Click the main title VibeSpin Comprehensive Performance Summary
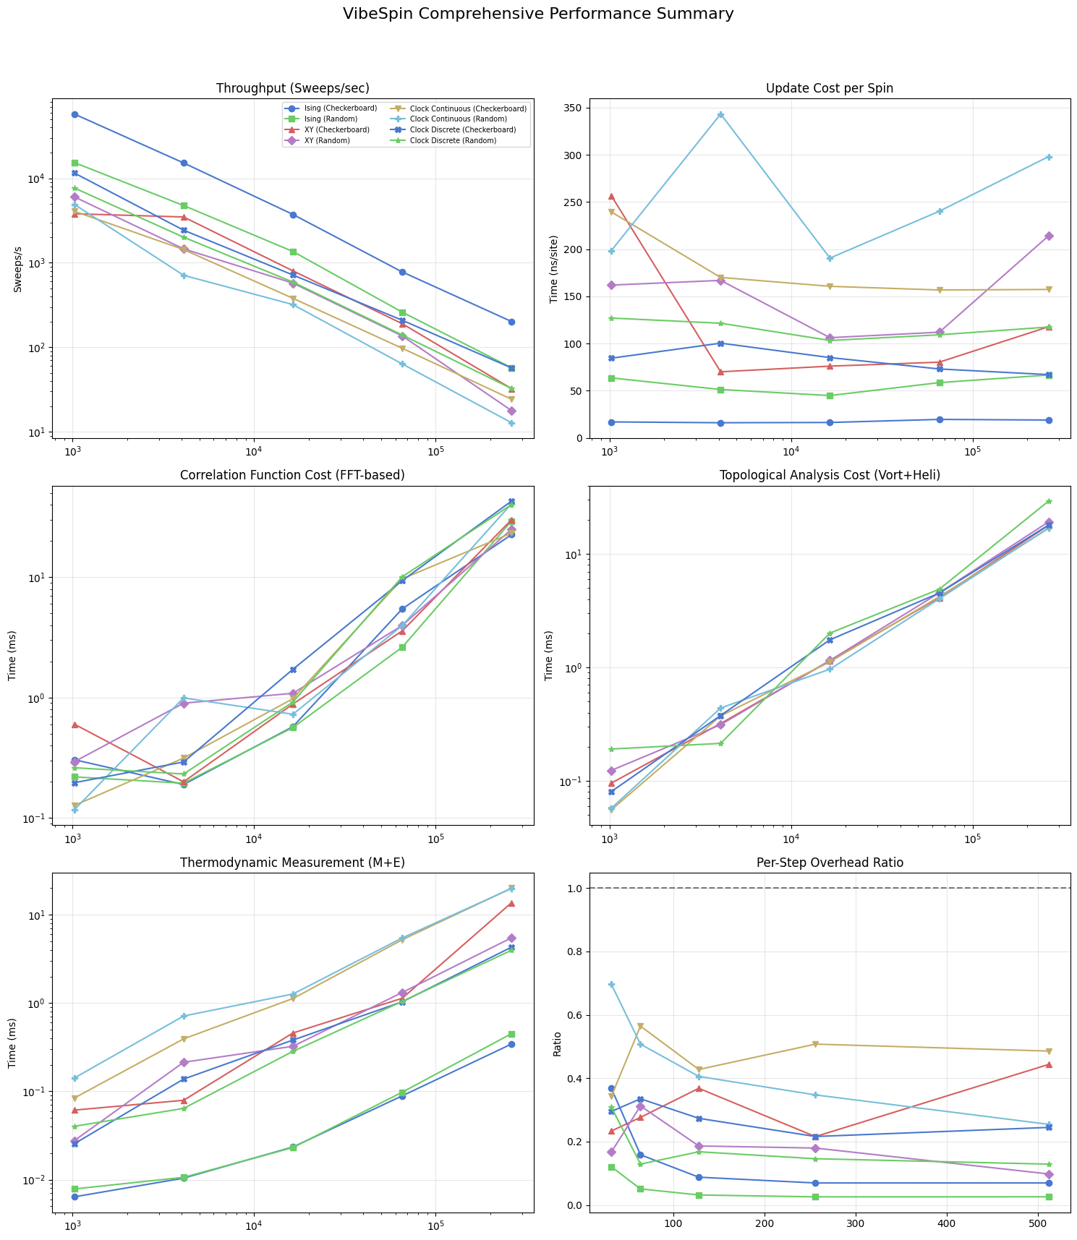point(538,14)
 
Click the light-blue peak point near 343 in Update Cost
point(720,115)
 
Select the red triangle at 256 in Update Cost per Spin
point(611,196)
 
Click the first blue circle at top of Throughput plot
point(75,114)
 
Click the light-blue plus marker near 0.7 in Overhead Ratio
point(611,984)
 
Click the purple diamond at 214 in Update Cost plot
point(1049,236)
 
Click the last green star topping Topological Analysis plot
point(1049,501)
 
